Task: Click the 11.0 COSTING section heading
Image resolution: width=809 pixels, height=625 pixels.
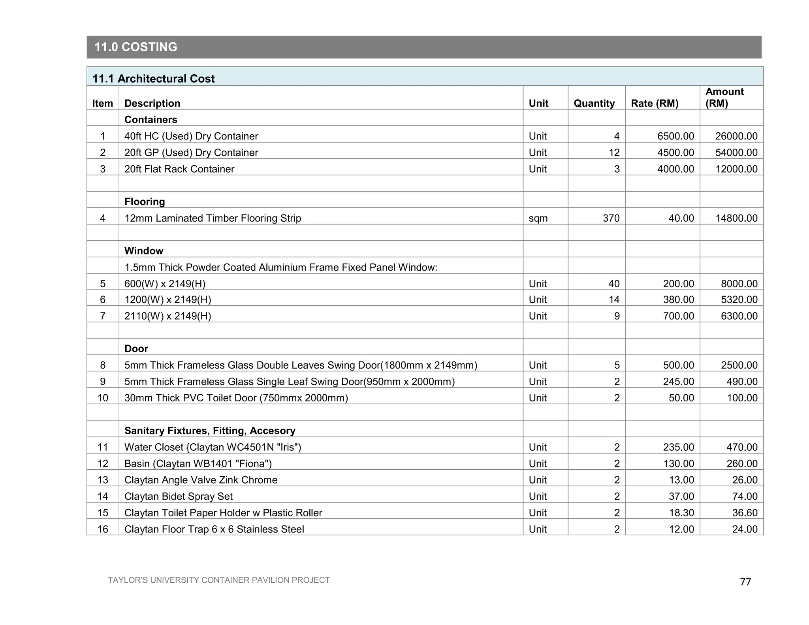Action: (x=135, y=47)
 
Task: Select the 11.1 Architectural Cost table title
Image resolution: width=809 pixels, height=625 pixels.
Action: (x=153, y=79)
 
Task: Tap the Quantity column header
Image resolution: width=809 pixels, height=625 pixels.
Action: (x=594, y=104)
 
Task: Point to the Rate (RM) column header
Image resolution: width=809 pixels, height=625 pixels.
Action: (x=654, y=104)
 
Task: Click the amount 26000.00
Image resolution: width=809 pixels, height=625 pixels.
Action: (x=736, y=136)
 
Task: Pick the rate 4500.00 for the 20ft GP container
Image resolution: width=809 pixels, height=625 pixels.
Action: (x=675, y=153)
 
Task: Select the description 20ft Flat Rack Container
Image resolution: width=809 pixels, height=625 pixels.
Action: (x=179, y=169)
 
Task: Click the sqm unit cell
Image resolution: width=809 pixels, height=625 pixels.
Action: (x=538, y=218)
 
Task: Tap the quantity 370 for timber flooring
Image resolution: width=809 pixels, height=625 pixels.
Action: (x=611, y=218)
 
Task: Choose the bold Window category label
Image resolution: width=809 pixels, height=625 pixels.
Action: (x=143, y=251)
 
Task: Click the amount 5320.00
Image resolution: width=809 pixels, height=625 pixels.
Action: (x=739, y=300)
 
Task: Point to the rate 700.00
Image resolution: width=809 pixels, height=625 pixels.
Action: (x=678, y=316)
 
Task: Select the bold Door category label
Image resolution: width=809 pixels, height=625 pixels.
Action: (x=136, y=349)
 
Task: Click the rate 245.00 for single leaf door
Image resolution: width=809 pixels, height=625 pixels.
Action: (x=678, y=382)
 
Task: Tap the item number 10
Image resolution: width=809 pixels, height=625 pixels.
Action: (x=103, y=398)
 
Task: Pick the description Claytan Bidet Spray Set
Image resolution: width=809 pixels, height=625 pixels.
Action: (x=178, y=497)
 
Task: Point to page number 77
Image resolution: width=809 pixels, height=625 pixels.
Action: (x=745, y=582)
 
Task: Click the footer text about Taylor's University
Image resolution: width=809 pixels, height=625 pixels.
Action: (x=218, y=580)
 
